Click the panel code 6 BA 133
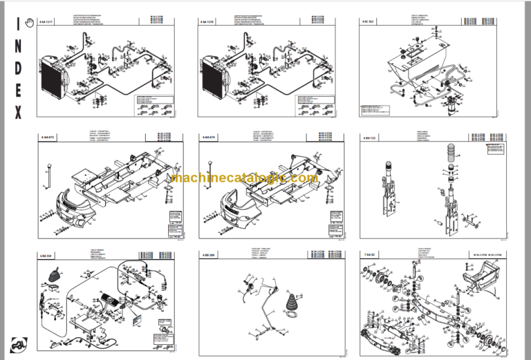[368, 138]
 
